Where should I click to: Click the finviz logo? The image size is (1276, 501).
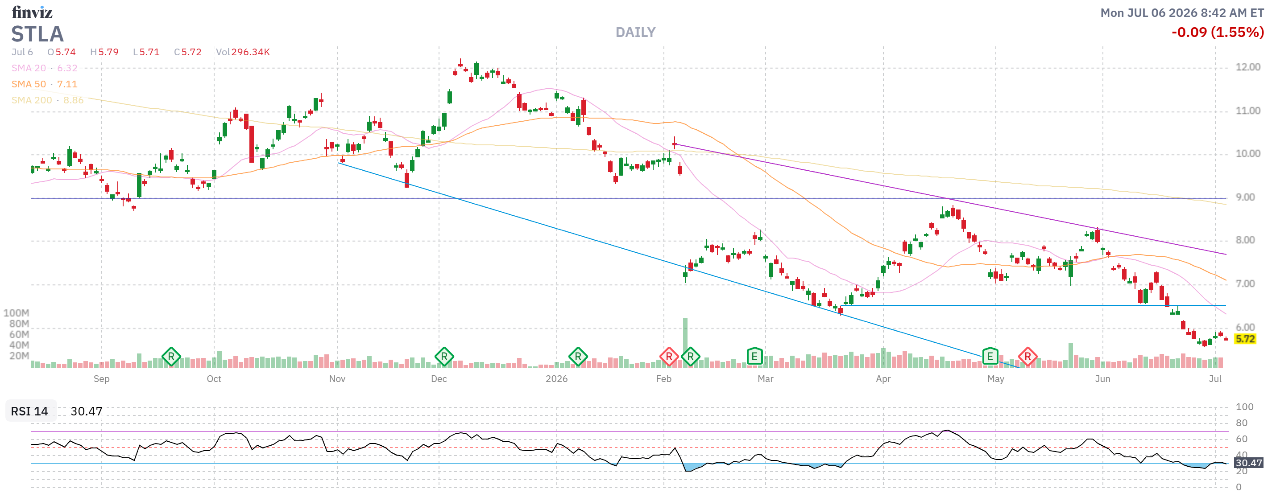tap(32, 12)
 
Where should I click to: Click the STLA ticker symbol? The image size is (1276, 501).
tap(37, 34)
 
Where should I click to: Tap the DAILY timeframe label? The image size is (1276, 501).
tap(635, 32)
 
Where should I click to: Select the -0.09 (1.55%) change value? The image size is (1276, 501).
tap(1217, 32)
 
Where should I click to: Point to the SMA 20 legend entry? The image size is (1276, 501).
tap(45, 68)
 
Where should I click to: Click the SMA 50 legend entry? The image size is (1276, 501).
tap(45, 84)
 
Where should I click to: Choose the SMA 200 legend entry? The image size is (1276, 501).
tap(48, 100)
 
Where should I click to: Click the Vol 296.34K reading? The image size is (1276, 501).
tap(243, 52)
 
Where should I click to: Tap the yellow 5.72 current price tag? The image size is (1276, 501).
tap(1245, 339)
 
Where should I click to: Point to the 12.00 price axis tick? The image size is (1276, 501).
tap(1247, 67)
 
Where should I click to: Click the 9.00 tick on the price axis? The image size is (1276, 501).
tap(1245, 197)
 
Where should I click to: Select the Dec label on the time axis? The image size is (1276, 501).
tap(439, 379)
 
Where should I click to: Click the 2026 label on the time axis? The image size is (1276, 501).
tap(556, 379)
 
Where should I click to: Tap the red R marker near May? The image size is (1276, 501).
tap(1027, 356)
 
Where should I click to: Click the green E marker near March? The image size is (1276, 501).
tap(754, 356)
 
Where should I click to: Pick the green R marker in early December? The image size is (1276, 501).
tap(444, 356)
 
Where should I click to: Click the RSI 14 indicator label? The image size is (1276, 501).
tap(29, 411)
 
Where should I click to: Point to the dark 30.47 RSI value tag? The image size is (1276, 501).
tap(1248, 462)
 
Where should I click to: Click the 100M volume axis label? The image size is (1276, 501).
tap(17, 313)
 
